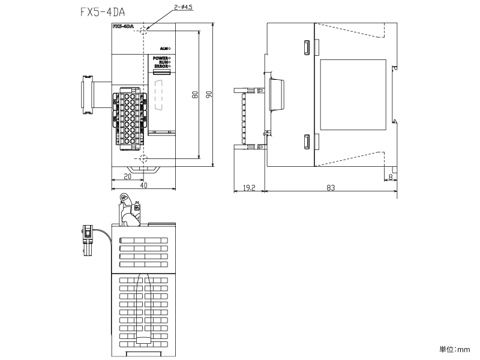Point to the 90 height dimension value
tap(209, 95)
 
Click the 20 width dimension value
tap(127, 176)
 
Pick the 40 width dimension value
tap(143, 186)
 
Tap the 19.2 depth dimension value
tap(249, 188)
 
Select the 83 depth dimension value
tap(331, 188)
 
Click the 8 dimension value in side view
tap(391, 178)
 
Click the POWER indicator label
tap(160, 58)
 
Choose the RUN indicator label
tap(163, 62)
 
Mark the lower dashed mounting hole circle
tap(143, 158)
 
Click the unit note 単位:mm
tap(454, 349)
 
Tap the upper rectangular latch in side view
tap(307, 47)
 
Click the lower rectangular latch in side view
tap(307, 142)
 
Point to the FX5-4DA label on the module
tap(122, 27)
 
